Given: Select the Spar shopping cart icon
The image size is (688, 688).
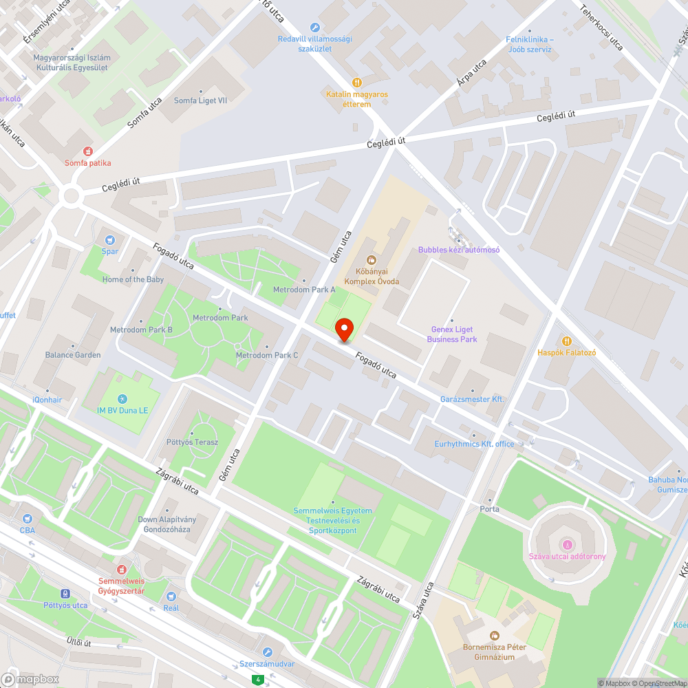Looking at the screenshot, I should tap(109, 239).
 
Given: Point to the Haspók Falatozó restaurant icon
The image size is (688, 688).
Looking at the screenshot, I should tap(566, 341).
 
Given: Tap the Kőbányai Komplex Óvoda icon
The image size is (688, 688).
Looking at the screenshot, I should tap(372, 259).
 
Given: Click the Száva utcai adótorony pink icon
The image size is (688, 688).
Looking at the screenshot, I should tap(567, 545).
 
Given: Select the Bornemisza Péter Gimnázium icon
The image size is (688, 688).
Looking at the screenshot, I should tap(493, 636).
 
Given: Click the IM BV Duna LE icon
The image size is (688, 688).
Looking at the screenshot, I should tap(122, 399).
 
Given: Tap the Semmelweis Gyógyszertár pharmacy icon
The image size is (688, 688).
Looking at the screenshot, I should tap(122, 569).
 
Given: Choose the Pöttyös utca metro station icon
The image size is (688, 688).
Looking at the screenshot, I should tap(65, 593).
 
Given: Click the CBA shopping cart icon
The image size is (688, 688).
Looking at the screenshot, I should tap(28, 518).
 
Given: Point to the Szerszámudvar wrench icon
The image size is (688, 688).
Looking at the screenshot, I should tap(267, 652).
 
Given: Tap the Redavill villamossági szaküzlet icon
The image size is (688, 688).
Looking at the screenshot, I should tap(314, 28).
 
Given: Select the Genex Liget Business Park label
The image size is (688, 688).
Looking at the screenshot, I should tap(451, 334).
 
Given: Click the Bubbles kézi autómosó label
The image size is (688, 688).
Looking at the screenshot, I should tap(458, 250).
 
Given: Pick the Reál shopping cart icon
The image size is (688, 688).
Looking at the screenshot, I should tap(171, 596).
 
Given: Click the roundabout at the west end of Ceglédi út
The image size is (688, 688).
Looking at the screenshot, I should tap(71, 196).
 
